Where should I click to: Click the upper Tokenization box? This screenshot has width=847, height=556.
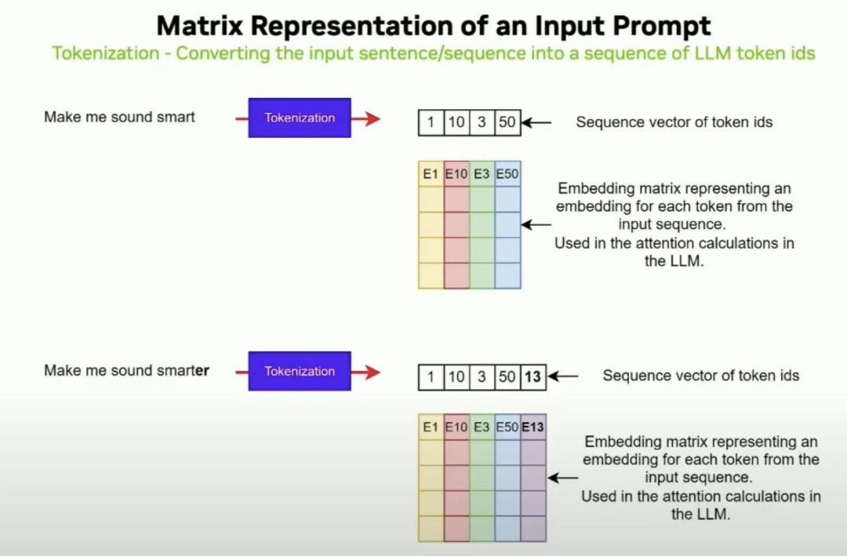[x=300, y=118]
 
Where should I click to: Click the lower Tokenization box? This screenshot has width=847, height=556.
[x=300, y=371]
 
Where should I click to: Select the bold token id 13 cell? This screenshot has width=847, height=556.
[x=533, y=377]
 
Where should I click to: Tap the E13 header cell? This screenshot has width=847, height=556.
[x=533, y=427]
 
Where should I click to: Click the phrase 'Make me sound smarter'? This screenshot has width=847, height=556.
[x=126, y=370]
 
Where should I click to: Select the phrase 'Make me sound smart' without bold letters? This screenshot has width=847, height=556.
[x=119, y=117]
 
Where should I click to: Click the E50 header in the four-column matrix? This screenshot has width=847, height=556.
[x=507, y=174]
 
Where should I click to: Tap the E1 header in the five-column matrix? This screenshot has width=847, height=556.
[x=431, y=427]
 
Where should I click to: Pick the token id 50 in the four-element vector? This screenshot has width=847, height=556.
[x=507, y=123]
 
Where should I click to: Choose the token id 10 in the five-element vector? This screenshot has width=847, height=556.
[x=456, y=377]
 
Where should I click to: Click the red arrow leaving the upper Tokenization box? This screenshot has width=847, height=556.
[x=366, y=118]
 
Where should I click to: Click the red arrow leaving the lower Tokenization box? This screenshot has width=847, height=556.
[x=366, y=372]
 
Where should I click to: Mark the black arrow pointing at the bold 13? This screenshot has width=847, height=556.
[x=563, y=376]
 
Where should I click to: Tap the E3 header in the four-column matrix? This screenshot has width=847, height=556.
[x=482, y=174]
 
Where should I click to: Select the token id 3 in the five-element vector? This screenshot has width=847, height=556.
[x=482, y=377]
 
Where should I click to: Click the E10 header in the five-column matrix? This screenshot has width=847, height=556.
[x=456, y=427]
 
